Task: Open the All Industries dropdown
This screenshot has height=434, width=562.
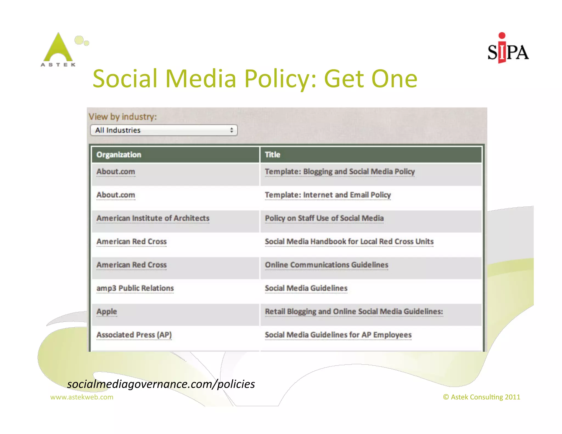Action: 164,130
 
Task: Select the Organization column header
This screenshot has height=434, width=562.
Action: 119,155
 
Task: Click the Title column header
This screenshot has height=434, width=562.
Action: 272,155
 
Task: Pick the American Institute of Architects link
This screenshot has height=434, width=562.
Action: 153,218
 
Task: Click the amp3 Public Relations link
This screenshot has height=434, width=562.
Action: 135,288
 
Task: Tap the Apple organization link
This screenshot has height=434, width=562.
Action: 107,312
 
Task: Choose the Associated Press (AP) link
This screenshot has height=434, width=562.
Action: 134,335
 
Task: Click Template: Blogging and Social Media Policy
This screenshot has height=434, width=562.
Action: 340,172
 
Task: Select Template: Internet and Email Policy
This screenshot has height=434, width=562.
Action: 328,195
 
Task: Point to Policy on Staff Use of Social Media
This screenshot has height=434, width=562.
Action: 324,218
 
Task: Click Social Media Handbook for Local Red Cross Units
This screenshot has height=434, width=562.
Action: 349,242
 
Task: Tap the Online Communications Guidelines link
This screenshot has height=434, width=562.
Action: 327,265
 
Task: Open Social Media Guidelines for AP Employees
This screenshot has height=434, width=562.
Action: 338,335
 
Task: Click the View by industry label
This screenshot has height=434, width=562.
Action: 123,117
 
